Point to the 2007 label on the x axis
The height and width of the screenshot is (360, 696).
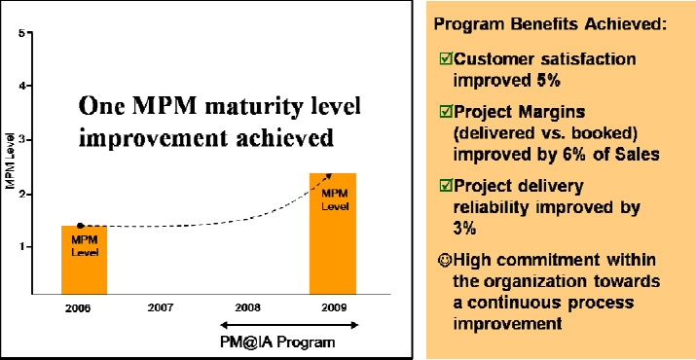click(162, 306)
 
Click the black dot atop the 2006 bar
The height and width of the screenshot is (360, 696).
click(80, 226)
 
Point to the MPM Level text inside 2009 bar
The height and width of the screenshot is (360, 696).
click(333, 198)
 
